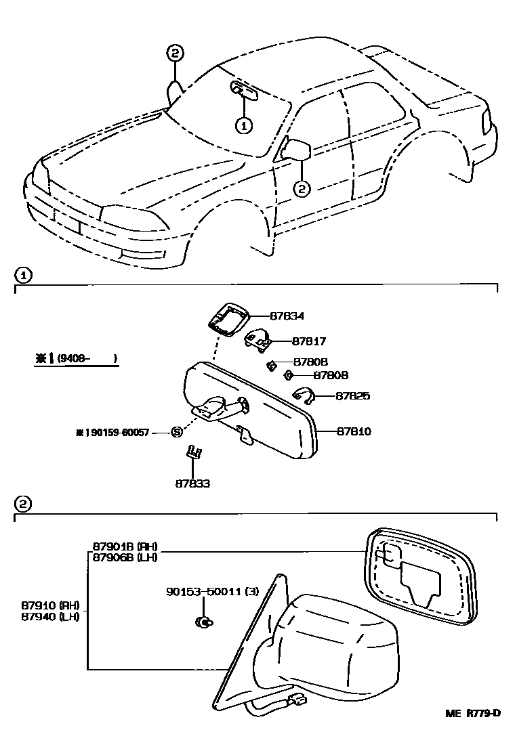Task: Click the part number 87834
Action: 287,316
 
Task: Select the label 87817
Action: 311,341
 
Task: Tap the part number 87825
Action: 352,395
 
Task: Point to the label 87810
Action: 352,431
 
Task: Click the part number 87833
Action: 192,483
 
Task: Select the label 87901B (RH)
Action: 122,546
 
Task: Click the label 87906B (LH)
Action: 122,557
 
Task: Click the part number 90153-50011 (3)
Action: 211,591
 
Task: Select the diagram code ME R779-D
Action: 472,713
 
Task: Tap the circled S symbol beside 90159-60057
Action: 176,432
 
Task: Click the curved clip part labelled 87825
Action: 302,394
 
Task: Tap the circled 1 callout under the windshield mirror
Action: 243,125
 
